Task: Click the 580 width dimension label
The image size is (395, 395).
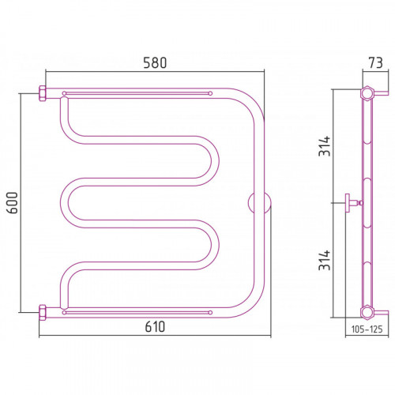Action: click(155, 63)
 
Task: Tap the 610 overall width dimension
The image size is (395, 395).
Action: click(155, 327)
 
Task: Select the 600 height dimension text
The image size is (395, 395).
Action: click(13, 203)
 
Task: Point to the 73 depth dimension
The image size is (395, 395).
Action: click(375, 63)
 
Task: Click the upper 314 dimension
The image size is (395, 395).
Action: click(324, 146)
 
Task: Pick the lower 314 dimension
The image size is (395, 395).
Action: click(324, 260)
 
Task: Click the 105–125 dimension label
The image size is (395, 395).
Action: click(367, 329)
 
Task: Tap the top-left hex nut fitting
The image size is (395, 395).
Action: click(43, 93)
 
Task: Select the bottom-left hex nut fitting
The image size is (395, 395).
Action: click(43, 313)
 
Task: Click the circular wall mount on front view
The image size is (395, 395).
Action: click(259, 203)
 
